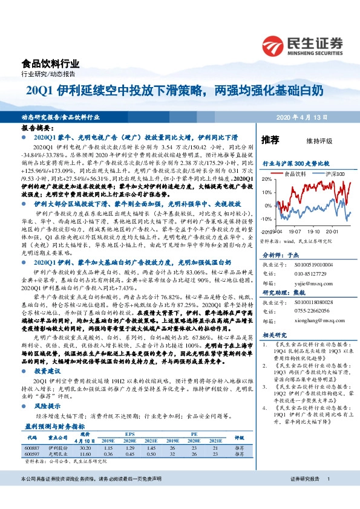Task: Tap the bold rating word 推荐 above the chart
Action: coord(270,140)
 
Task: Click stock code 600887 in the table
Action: coord(33,447)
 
